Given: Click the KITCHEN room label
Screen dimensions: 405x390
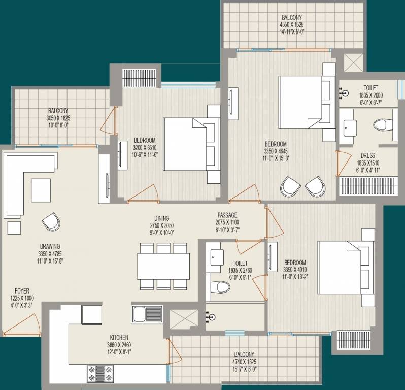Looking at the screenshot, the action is pos(119,337).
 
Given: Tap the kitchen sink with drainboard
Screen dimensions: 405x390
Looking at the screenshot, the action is pos(147,314).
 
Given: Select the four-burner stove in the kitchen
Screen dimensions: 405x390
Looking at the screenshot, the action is pos(100,373).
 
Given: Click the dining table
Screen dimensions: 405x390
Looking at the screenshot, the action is pos(163,266).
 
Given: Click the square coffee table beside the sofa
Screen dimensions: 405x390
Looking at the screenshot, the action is pos(41,190).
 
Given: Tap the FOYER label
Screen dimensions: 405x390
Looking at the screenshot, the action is pos(22,291).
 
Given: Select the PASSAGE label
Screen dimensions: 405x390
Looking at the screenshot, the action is pos(227,215).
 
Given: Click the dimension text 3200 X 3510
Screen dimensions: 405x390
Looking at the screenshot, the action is pos(145,148).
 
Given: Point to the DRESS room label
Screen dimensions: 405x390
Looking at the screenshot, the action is pos(368,155).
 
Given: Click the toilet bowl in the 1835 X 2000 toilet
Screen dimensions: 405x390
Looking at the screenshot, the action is pos(383,125).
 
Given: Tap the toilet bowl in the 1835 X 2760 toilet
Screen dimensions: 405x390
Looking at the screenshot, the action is pos(220,287).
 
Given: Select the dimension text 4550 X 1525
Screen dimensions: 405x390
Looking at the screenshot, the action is pos(292,25).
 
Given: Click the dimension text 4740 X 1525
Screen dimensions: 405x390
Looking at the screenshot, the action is pos(244,362).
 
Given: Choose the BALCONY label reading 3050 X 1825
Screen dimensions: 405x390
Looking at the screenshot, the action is pos(58,111).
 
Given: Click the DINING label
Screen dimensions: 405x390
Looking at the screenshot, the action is pos(162,218).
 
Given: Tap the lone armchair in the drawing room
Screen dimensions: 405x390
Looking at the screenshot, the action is pos(51,222).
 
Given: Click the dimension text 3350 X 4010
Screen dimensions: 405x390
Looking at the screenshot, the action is pos(295,270).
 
